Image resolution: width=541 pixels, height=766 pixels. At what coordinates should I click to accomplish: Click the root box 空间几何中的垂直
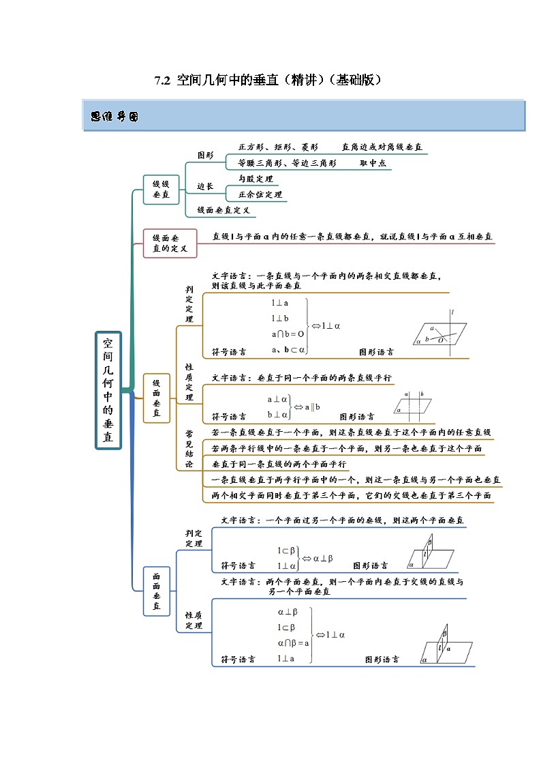pos(108,389)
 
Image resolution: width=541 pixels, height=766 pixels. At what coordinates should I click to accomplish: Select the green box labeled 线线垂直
pos(161,188)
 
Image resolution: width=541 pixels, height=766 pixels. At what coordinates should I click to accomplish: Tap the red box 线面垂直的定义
pos(170,243)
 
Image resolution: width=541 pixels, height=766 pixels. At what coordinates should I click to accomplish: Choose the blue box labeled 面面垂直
pos(157,591)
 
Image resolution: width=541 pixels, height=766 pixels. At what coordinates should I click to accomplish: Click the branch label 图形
pos(205,156)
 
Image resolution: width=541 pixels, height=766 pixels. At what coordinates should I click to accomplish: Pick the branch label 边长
pos(205,186)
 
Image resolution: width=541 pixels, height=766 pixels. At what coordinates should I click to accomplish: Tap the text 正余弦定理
pos(260,194)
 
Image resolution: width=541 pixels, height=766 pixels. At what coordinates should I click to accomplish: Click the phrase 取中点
pos(373,164)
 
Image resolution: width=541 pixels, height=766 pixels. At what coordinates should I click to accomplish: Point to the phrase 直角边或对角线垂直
pos(382,147)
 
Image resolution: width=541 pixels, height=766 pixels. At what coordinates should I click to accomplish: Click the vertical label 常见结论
pos(189,448)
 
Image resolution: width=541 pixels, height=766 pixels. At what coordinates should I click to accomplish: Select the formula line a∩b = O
pos(288,334)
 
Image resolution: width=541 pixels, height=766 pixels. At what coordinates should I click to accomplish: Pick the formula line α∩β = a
pos(293,643)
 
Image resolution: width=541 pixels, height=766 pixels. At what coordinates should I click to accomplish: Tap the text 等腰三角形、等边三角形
pos(287,164)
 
